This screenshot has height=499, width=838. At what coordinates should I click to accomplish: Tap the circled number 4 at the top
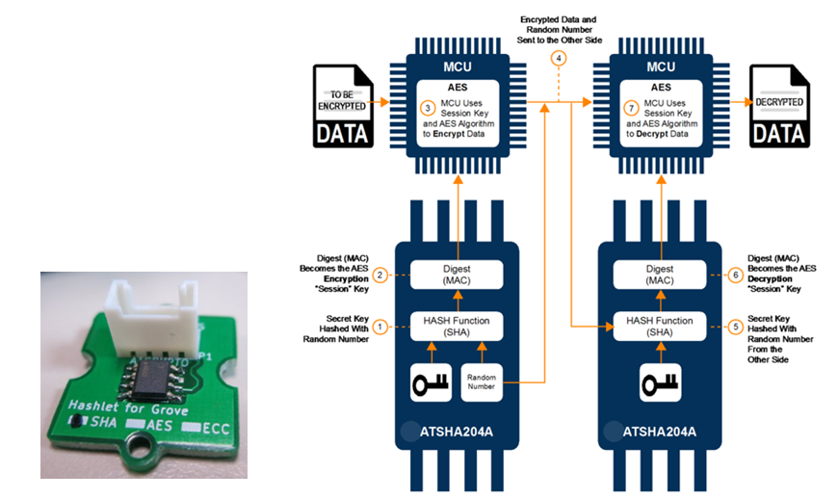pos(558,58)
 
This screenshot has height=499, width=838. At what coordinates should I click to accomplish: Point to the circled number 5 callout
pos(736,326)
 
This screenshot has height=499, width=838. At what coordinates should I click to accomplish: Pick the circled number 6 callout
pos(736,275)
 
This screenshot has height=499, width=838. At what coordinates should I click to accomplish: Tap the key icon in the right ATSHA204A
pos(661,383)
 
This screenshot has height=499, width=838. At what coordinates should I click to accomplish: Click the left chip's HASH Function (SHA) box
pos(458,326)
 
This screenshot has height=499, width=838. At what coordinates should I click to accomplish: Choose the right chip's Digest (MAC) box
pos(661,275)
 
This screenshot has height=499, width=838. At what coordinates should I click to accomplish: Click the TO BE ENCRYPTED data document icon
pos(342,105)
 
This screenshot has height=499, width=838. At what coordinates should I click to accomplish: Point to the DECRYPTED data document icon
pos(778,105)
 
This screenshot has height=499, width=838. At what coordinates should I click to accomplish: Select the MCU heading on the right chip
pos(661,67)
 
